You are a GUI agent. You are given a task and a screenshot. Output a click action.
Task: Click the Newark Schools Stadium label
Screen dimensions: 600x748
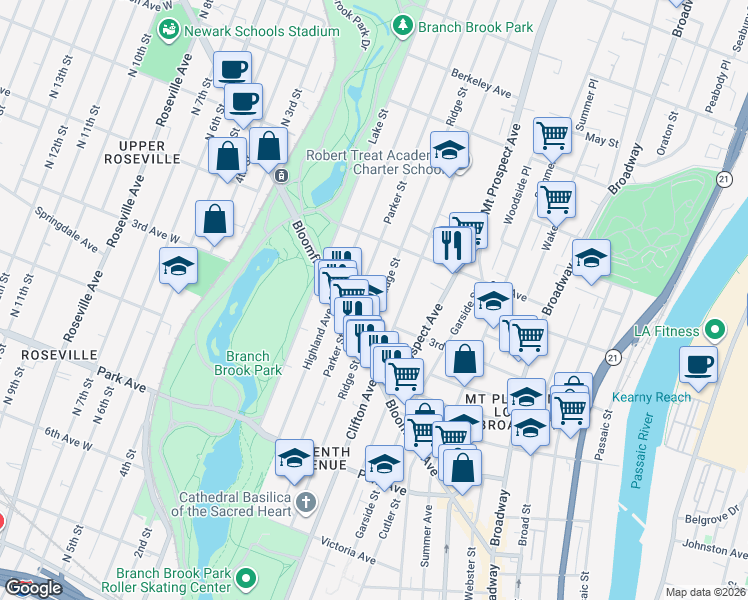pyautogui.click(x=265, y=32)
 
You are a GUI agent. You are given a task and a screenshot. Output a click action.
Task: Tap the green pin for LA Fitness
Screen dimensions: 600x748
pyautogui.click(x=715, y=329)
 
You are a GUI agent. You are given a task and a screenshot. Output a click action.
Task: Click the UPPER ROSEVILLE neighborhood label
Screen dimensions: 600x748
pyautogui.click(x=141, y=152)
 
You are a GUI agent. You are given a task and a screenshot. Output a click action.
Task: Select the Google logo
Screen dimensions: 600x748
pyautogui.click(x=34, y=588)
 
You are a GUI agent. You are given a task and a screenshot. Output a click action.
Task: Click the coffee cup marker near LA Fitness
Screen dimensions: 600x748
pyautogui.click(x=699, y=365)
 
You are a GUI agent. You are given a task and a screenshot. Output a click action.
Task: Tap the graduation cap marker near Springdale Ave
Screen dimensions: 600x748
pyautogui.click(x=179, y=267)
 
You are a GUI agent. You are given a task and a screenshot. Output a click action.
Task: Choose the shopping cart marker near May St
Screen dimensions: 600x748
pyautogui.click(x=552, y=134)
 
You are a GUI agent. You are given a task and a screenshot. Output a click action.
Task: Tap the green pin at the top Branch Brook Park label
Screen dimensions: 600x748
pyautogui.click(x=403, y=26)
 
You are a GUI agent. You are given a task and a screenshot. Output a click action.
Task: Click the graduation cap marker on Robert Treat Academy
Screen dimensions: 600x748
pyautogui.click(x=450, y=151)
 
